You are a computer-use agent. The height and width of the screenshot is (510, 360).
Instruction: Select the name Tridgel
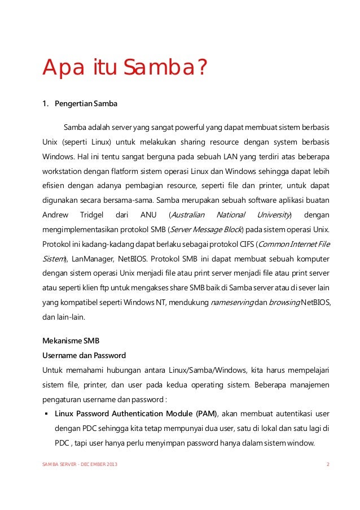pyautogui.click(x=90, y=215)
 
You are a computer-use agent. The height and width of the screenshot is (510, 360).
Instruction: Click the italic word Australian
pyautogui.click(x=187, y=215)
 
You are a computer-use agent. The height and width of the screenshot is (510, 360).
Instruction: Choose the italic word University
pyautogui.click(x=274, y=215)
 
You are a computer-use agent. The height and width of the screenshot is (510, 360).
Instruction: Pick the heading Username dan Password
pyautogui.click(x=84, y=356)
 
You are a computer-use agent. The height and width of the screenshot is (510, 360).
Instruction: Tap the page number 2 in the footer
pyautogui.click(x=328, y=464)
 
